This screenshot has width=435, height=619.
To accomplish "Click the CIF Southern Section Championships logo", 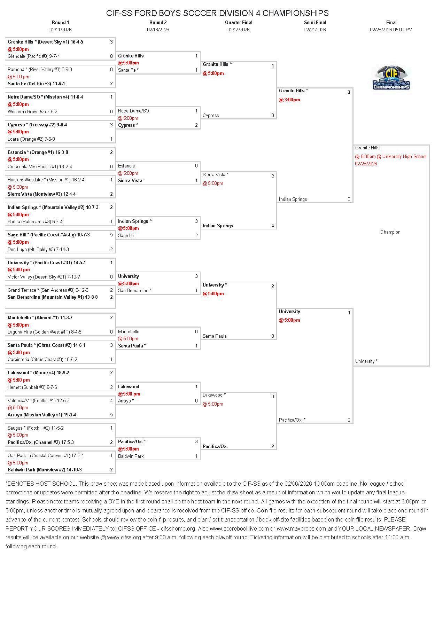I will tap(391, 78).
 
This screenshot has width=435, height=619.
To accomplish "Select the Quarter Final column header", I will tap(239, 22).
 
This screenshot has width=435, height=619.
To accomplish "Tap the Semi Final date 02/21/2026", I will tap(314, 30).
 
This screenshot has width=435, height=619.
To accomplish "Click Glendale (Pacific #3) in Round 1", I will tap(34, 56).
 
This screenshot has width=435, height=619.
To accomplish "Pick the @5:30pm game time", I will tap(18, 187).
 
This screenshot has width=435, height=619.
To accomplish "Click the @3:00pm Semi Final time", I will tap(289, 100).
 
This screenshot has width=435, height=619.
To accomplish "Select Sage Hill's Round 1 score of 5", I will tap(111, 235).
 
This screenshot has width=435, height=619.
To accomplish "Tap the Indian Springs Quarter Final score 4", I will tap(273, 226).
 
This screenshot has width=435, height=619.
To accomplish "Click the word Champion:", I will tap(391, 232).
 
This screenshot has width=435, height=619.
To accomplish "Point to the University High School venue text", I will tap(404, 156).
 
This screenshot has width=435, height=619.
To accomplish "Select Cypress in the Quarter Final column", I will tap(211, 115).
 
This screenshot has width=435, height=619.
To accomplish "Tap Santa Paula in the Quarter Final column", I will tap(215, 336).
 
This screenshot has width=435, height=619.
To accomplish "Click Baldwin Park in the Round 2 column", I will tap(131, 456).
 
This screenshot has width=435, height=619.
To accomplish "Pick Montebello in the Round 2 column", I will tap(129, 331).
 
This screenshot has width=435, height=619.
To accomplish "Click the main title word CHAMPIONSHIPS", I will tap(295, 13).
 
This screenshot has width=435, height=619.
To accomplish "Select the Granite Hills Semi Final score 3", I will tap(349, 92).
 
